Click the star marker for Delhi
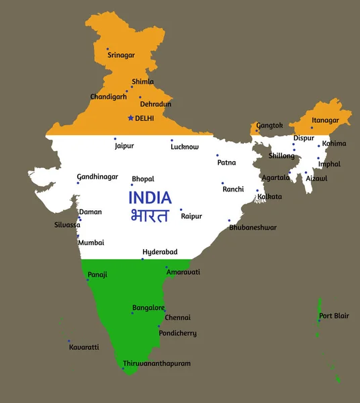[130, 118]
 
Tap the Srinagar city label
[121, 55]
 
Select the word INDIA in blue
[150, 197]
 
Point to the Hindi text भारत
[149, 215]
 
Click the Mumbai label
[91, 242]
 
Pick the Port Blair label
[334, 316]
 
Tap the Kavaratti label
[84, 347]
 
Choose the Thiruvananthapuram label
[156, 363]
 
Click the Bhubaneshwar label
[253, 228]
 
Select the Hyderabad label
[160, 252]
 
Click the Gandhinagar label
[97, 177]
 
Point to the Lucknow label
[185, 146]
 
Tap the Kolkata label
[270, 197]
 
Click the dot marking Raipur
[181, 209]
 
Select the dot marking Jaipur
[115, 139]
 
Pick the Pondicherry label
[177, 333]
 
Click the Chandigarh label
[108, 97]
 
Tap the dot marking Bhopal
[132, 185]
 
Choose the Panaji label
[97, 275]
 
